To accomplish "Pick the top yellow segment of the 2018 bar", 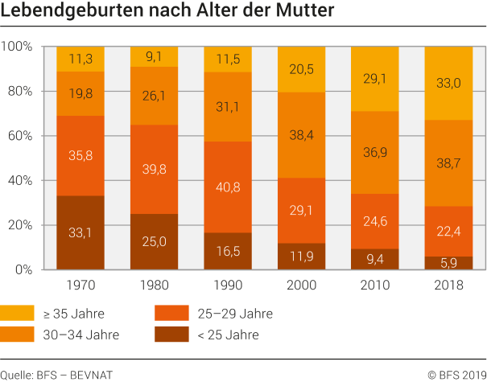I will (449, 83).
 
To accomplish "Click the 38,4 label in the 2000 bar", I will (302, 135).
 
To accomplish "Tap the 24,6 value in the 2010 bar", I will (376, 220).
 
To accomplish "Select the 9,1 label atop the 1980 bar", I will (155, 57).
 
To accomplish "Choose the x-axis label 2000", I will (302, 286).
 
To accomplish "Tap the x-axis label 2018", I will (449, 286).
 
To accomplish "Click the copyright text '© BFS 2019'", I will (456, 373).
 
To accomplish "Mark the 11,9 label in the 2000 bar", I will (302, 258).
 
